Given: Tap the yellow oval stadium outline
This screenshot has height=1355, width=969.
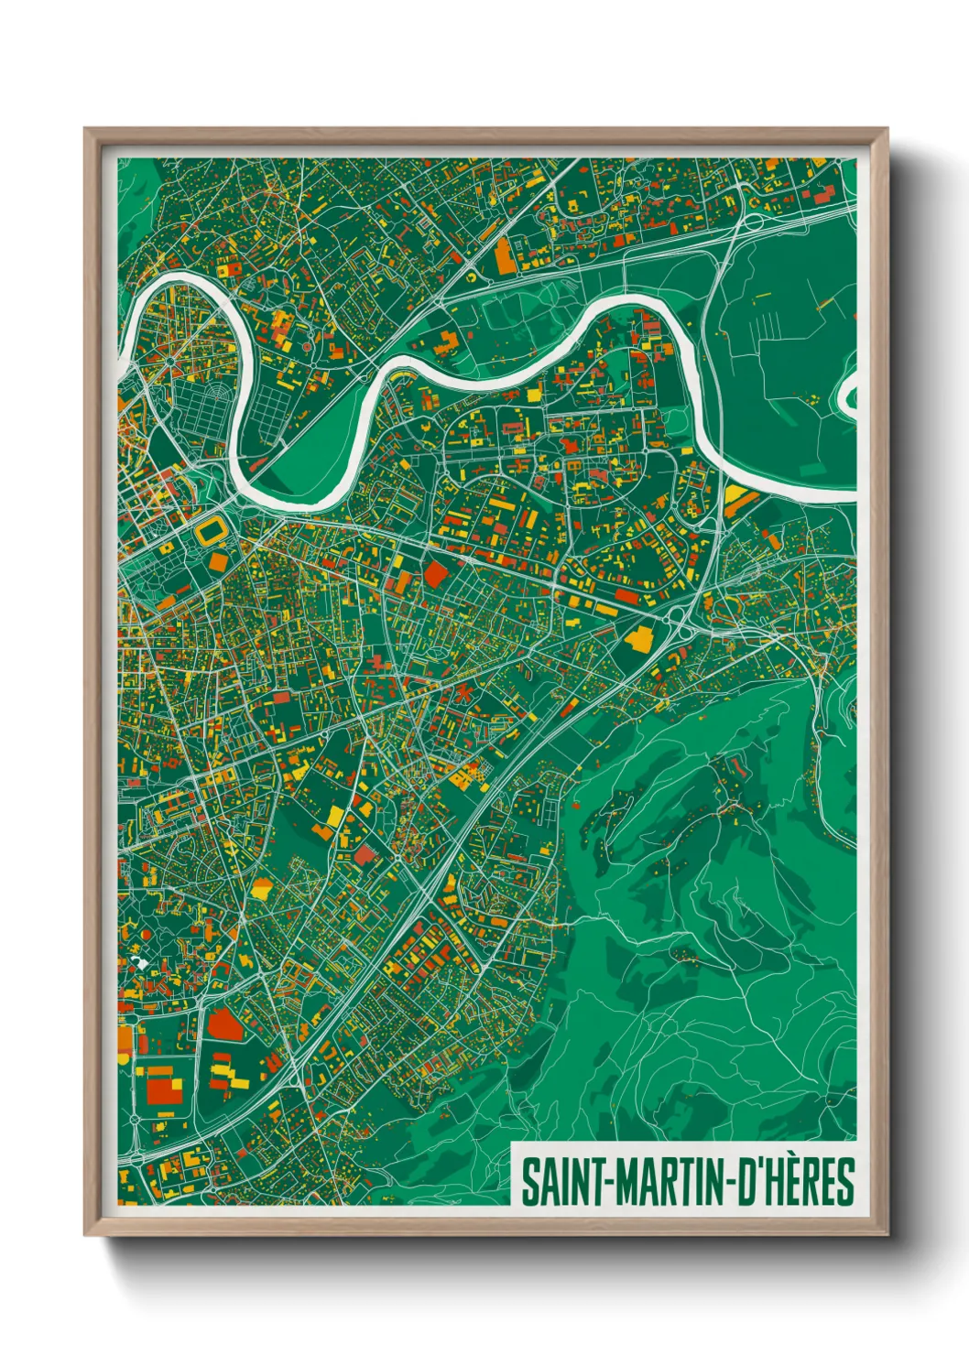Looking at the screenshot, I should tap(212, 531).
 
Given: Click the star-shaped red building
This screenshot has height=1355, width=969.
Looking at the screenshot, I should tap(463, 693).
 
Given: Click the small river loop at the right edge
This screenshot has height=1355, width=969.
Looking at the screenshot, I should tap(848, 396).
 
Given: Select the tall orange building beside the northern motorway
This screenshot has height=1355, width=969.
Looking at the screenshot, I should tap(505, 256).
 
